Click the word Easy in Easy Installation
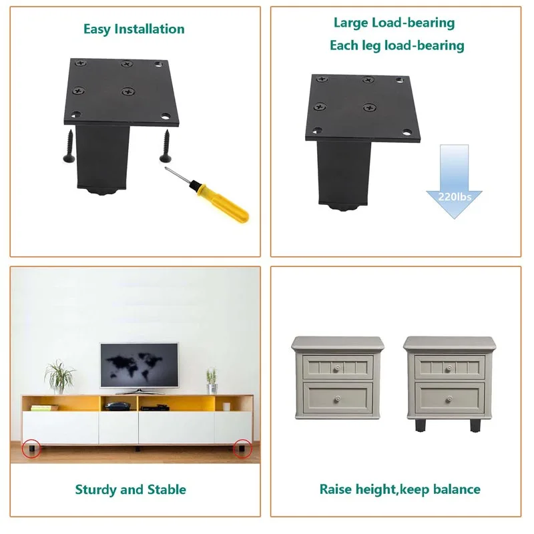(x=97, y=29)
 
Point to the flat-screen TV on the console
(x=139, y=365)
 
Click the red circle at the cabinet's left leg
(x=29, y=449)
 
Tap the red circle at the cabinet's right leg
(x=242, y=449)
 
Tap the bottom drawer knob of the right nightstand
(x=450, y=397)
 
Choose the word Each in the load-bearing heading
(x=344, y=46)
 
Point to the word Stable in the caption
(x=164, y=490)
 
